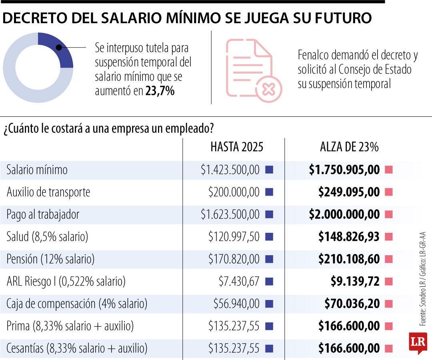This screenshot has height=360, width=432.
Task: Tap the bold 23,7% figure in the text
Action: (160, 91)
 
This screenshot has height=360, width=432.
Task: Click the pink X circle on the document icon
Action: (268, 89)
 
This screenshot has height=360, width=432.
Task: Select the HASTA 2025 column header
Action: (237, 147)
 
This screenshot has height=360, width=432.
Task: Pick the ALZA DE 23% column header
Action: (349, 147)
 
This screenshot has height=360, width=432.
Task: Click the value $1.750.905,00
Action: (344, 170)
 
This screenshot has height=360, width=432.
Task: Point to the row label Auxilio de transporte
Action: (48, 192)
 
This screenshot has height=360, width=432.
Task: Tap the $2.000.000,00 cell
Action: (344, 215)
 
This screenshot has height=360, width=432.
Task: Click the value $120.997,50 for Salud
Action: (234, 237)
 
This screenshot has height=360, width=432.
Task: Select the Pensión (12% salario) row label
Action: (50, 259)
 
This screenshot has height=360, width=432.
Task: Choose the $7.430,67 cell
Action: (239, 282)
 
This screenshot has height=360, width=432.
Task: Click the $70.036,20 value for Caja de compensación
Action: (352, 304)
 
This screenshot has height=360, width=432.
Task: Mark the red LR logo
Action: (418, 342)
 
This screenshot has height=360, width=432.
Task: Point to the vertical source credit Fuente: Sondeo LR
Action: (423, 308)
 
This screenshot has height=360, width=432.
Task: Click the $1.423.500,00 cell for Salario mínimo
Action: (230, 170)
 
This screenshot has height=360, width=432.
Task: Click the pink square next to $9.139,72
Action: (388, 282)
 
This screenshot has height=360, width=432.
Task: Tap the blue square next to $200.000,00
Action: (269, 192)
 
